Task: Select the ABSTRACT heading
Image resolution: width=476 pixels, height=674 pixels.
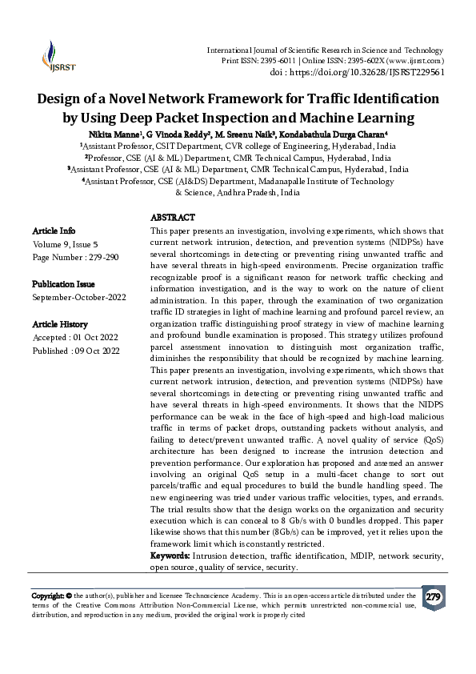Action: pos(173,218)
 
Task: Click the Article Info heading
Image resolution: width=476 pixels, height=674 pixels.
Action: pos(54,230)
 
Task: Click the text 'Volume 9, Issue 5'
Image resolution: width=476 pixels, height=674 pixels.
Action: pos(66,243)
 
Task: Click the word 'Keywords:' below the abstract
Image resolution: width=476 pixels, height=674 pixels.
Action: pos(170,556)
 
